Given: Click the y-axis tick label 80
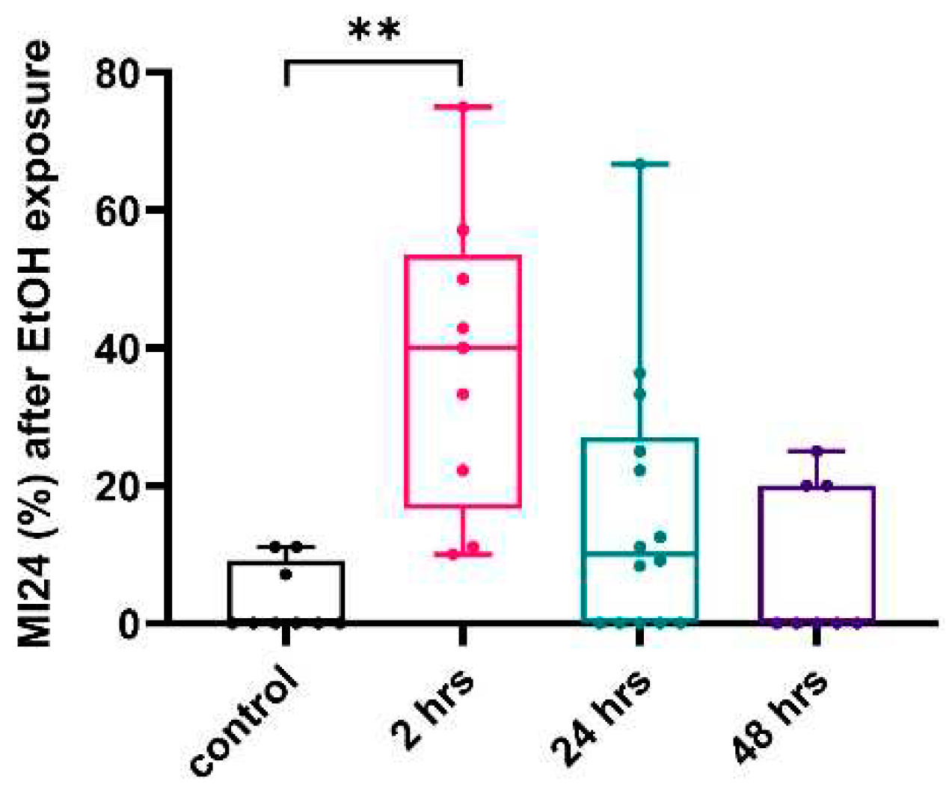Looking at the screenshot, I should [x=118, y=72].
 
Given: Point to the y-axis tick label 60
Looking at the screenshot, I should [x=118, y=211].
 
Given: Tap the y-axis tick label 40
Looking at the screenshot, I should [x=118, y=348].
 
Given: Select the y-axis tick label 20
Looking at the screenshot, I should [x=118, y=486].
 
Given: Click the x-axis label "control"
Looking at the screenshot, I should [x=245, y=720].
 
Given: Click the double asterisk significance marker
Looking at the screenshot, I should [x=374, y=31].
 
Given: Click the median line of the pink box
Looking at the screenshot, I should [x=463, y=347].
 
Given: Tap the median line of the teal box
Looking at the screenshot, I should [x=639, y=553].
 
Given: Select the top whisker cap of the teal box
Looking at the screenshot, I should [x=640, y=163].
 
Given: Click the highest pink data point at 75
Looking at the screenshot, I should [x=463, y=107].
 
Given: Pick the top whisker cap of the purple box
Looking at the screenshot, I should [x=817, y=451].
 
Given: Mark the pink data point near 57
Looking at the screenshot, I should [x=463, y=229].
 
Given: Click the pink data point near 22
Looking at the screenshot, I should [x=463, y=470].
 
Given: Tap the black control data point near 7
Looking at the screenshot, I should [x=286, y=574].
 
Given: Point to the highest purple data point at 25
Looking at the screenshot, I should [x=817, y=451].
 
